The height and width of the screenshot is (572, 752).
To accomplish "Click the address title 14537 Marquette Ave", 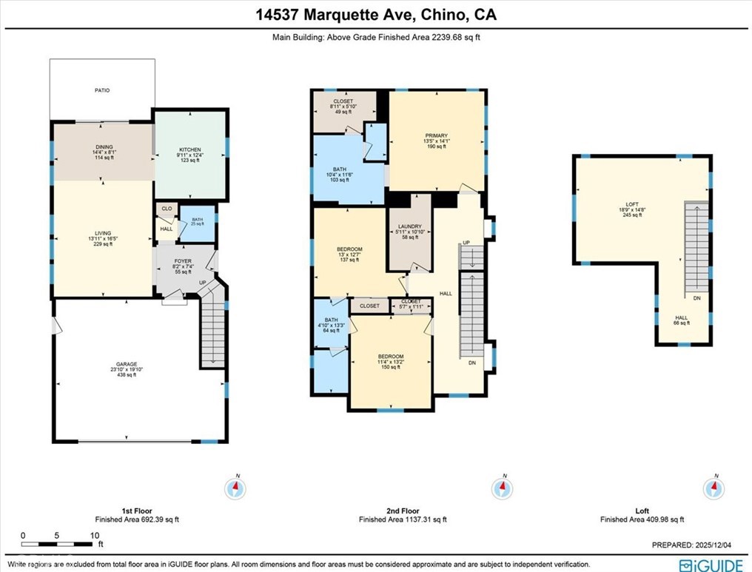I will [376, 15].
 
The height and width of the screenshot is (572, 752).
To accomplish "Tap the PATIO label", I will [102, 90].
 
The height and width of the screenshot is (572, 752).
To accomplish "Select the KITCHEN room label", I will [189, 149].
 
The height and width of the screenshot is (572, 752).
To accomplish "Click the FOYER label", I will [182, 261].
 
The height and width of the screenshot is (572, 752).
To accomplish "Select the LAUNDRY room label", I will [409, 226].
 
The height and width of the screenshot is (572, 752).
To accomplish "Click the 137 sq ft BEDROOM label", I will [350, 249].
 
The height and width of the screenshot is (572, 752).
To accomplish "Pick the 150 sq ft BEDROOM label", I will [392, 357].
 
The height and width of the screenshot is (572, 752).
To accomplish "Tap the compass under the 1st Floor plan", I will [236, 488].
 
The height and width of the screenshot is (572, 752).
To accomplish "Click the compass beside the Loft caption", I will [715, 488].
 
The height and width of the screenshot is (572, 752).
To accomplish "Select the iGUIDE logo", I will [711, 565].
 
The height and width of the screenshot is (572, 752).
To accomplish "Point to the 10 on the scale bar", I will [94, 535].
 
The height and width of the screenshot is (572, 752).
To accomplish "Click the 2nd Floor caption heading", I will [403, 511].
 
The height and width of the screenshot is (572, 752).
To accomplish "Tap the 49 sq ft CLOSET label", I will [343, 101].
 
